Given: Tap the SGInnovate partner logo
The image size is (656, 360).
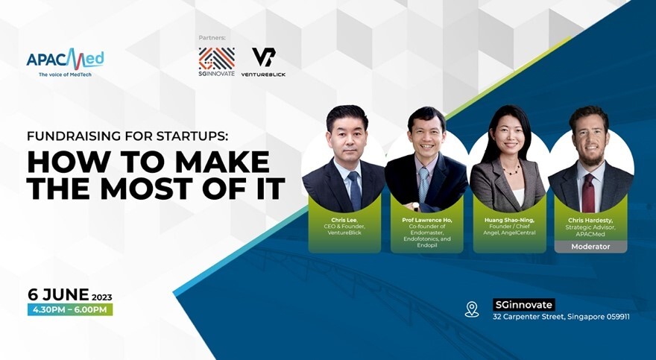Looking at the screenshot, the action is [216, 62].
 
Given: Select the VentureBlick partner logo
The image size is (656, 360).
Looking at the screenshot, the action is [263, 62].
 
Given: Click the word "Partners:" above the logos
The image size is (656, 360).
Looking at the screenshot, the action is [212, 38].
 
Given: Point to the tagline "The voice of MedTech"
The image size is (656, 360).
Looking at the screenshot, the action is [65, 75].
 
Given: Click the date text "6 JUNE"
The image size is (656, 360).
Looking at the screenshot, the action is [58, 294].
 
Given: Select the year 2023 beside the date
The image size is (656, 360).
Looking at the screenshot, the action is [101, 297].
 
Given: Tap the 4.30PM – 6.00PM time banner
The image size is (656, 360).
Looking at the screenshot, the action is [70, 310].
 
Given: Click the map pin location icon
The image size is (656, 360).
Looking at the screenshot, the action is [472, 309].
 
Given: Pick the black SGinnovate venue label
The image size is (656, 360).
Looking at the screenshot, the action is [523, 304].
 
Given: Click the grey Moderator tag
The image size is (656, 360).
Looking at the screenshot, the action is [590, 247].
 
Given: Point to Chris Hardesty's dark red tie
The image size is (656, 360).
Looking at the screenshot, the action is [588, 193].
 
